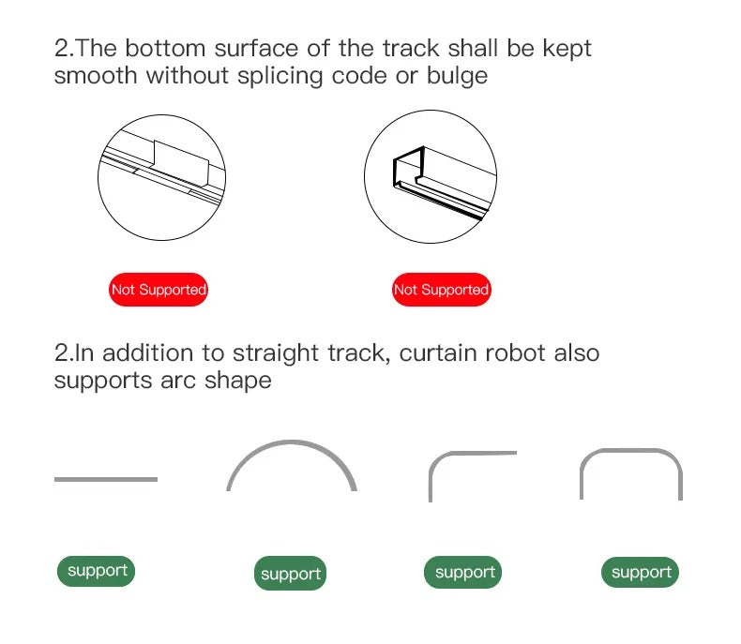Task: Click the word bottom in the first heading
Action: point(165,48)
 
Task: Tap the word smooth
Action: point(96,76)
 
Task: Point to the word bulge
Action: point(457,77)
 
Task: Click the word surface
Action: point(256,48)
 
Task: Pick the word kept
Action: point(567,49)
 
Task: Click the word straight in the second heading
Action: point(276,354)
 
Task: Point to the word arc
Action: point(178,381)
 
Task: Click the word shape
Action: point(237,382)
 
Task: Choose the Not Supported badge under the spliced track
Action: point(159,290)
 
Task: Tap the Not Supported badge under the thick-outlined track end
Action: point(442,290)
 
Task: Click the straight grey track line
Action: point(106,479)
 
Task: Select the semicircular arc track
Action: point(291,442)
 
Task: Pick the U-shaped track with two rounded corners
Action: point(631,450)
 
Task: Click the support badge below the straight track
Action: point(96,571)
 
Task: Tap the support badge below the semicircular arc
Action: point(290,573)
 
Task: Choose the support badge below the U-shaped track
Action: point(640,572)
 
